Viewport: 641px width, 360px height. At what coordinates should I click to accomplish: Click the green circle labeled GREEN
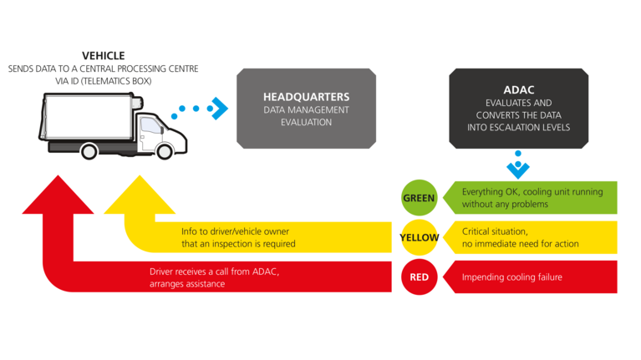coord(420,199)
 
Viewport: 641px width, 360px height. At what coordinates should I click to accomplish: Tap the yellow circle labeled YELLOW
coord(420,237)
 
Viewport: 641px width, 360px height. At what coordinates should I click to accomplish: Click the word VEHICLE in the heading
coord(104,55)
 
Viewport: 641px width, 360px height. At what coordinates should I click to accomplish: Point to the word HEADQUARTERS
coord(306,97)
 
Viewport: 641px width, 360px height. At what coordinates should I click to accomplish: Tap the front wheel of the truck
coord(164,151)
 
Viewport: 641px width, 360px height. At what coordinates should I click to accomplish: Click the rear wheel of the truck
coord(65,151)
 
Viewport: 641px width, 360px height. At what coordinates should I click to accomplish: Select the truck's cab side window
coord(151,126)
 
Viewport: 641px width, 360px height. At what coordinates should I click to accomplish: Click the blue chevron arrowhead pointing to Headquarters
coord(219,108)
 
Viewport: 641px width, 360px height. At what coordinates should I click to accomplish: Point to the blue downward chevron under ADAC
coord(518,169)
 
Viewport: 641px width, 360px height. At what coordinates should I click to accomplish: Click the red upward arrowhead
coord(56,194)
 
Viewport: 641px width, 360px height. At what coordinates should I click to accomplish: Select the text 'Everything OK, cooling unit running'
coord(533,192)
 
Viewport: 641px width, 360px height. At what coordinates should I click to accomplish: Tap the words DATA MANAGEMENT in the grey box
coord(306,109)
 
